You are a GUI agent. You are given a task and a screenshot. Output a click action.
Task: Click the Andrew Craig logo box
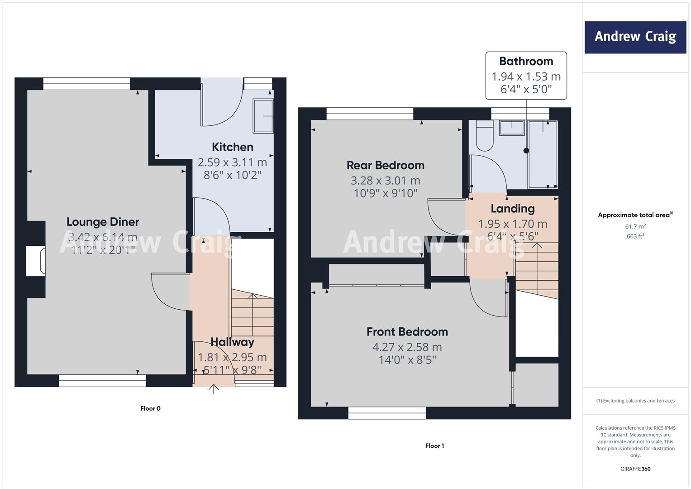click(x=635, y=37)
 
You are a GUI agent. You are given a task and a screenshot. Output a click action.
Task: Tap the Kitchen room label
click(x=233, y=147)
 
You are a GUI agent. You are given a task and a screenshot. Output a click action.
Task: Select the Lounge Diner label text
click(x=103, y=222)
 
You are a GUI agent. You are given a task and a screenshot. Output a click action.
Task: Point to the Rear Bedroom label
click(x=385, y=165)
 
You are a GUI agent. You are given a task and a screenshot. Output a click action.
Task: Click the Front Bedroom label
click(x=407, y=331)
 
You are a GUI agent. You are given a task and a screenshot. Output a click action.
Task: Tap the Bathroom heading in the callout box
click(x=526, y=61)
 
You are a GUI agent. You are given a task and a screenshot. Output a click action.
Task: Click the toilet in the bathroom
click(x=485, y=136)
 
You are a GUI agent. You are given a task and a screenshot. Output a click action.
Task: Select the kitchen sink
click(x=263, y=116)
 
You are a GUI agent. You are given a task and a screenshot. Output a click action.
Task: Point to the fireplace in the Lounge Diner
click(x=36, y=261)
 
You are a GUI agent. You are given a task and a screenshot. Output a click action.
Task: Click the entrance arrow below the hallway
click(x=214, y=389)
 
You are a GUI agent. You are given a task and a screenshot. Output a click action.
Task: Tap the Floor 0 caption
click(x=150, y=408)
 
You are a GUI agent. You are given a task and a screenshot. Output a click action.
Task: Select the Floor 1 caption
click(x=435, y=446)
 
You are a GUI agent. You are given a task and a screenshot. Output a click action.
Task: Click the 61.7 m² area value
click(x=635, y=226)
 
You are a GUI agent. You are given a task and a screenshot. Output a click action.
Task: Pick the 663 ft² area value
click(x=635, y=236)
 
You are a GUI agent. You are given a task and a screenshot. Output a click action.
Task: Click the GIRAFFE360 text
click(x=635, y=469)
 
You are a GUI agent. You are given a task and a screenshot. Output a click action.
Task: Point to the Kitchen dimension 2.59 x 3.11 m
click(x=232, y=162)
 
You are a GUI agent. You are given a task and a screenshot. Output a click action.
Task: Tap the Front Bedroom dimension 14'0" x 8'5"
click(x=407, y=360)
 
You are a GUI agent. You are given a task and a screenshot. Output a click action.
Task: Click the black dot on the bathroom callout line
click(x=526, y=151)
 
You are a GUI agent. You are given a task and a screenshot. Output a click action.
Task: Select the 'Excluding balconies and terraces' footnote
click(x=635, y=401)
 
